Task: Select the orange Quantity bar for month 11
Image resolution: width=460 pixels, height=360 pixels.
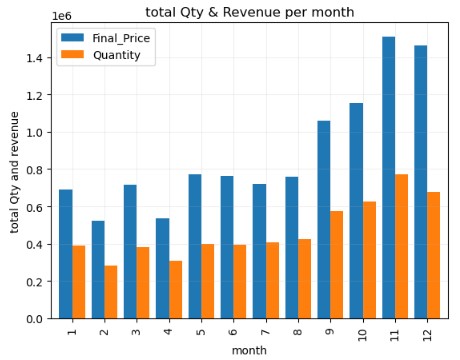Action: click(401, 246)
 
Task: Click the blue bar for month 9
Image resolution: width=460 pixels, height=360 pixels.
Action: click(324, 220)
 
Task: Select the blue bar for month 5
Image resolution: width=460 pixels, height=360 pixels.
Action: click(195, 246)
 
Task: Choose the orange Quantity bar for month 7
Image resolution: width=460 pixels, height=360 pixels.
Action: click(272, 280)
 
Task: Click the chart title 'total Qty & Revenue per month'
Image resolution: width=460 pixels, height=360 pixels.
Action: click(249, 12)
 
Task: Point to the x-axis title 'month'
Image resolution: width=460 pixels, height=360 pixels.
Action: click(249, 350)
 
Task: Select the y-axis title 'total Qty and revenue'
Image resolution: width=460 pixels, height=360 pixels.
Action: click(15, 172)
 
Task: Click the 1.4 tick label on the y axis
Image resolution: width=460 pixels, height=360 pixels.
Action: click(35, 59)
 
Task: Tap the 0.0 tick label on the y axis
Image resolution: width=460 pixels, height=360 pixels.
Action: click(35, 319)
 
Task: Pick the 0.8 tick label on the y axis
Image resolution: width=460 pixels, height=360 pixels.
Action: click(35, 170)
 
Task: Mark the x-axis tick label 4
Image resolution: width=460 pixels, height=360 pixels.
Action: click(169, 329)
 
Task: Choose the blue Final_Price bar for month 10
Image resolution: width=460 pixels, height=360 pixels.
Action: click(356, 211)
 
